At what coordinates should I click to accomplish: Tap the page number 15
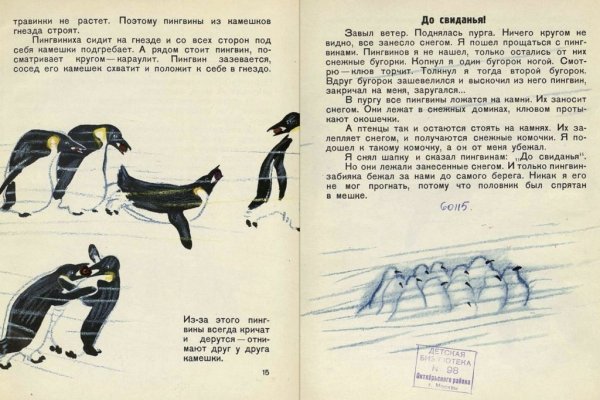264,373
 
